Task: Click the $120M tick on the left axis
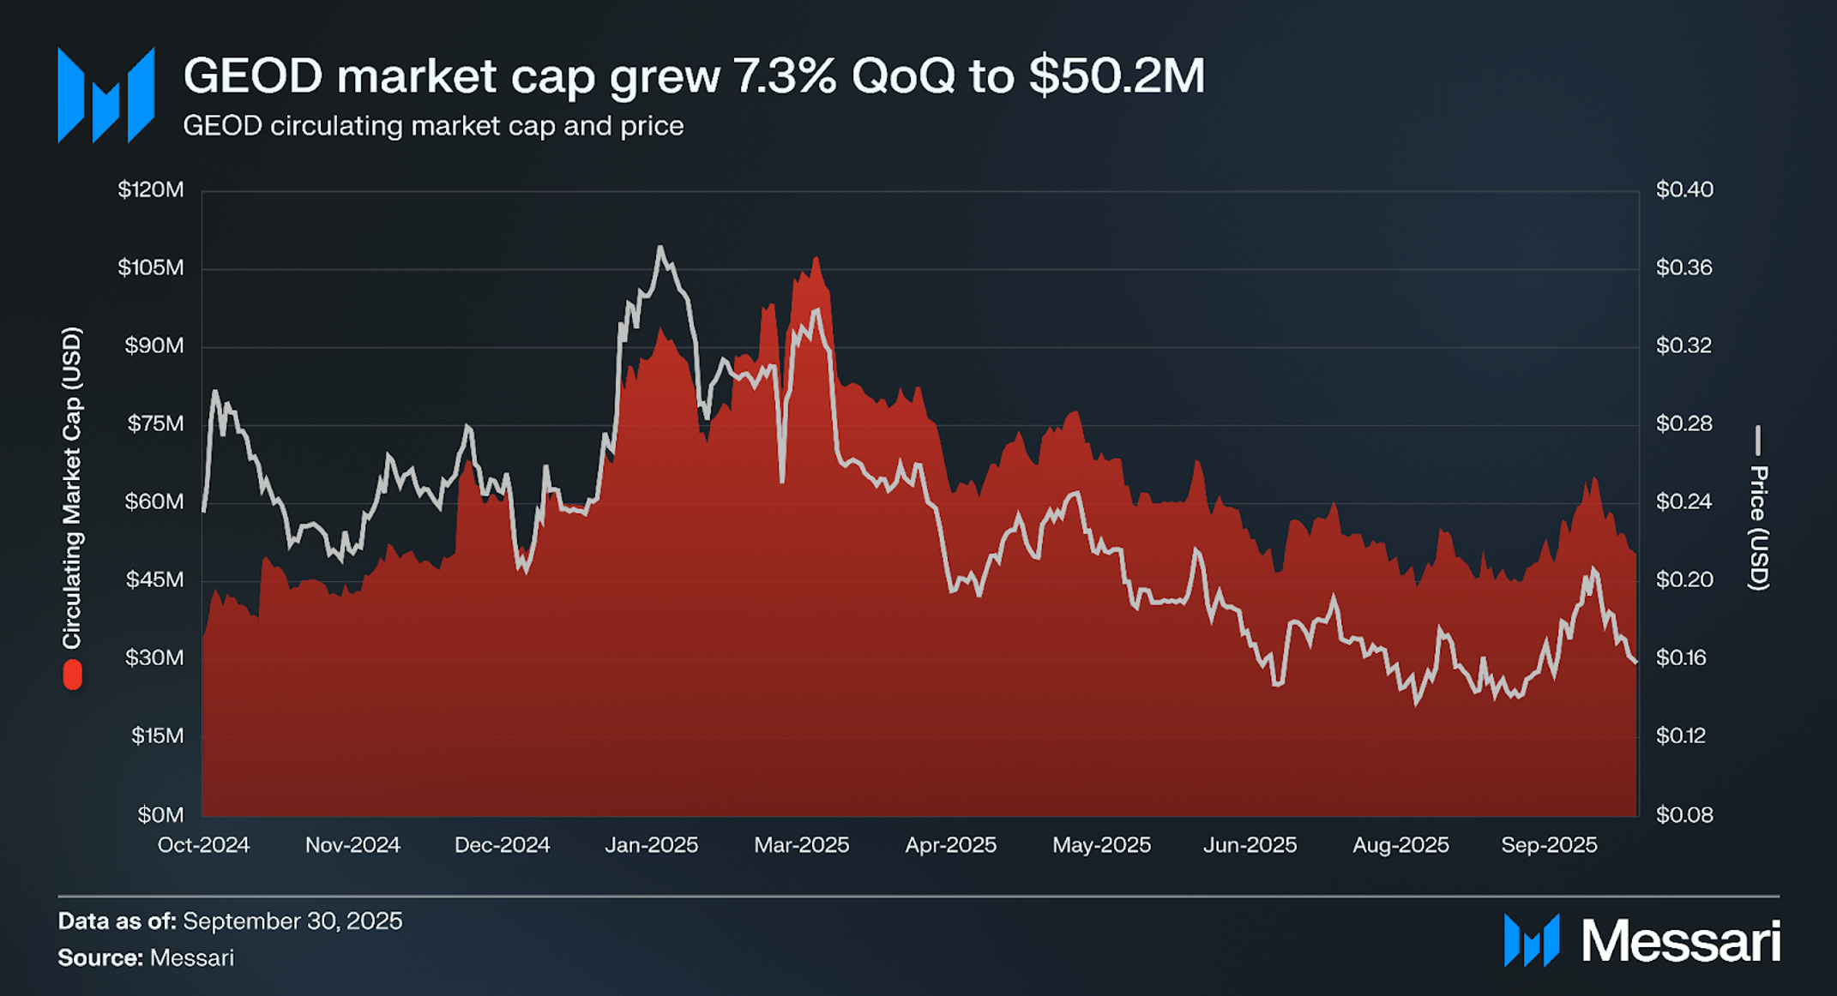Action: click(x=151, y=189)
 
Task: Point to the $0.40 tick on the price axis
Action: click(x=1683, y=189)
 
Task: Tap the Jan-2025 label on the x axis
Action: click(x=652, y=845)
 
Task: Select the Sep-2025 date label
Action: click(x=1549, y=845)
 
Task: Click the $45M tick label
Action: click(x=154, y=580)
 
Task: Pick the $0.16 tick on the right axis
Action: click(x=1681, y=658)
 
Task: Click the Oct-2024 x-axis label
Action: click(x=203, y=845)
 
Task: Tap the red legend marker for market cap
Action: click(x=73, y=675)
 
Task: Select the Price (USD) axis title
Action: click(x=1758, y=527)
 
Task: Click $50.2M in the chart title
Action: click(x=1117, y=75)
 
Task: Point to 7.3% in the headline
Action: click(x=786, y=75)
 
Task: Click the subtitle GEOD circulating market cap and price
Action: click(x=433, y=126)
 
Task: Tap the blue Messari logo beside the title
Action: click(x=105, y=95)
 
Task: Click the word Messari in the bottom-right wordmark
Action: click(x=1680, y=941)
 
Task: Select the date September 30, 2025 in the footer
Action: click(x=292, y=921)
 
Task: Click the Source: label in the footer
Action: click(x=100, y=957)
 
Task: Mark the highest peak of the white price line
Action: click(x=660, y=248)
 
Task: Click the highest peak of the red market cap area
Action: click(x=816, y=257)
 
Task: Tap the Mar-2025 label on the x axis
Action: click(x=801, y=845)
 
